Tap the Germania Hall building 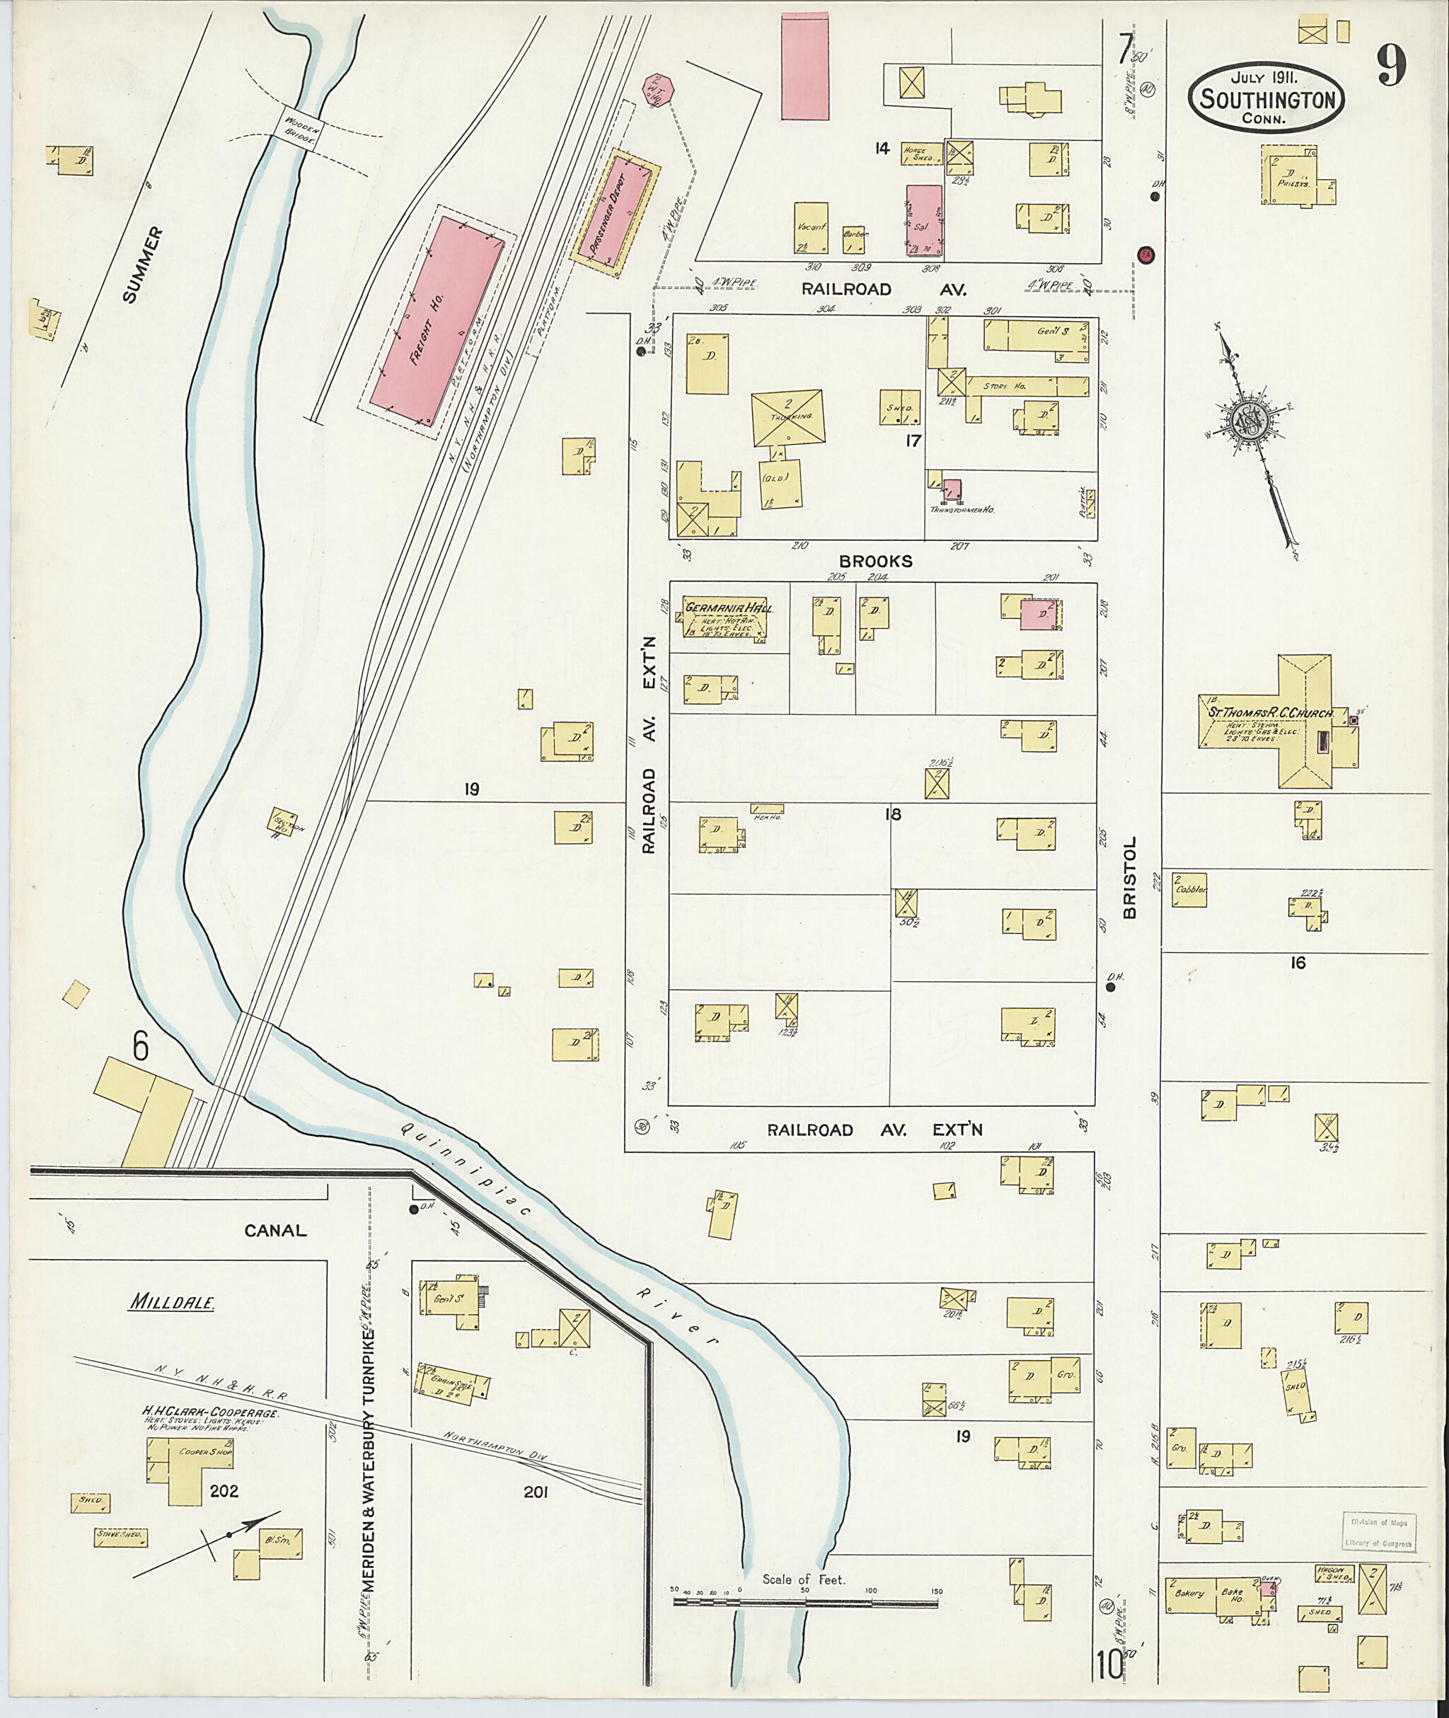(723, 618)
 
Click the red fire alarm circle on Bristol (1146, 255)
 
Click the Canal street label (275, 1230)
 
